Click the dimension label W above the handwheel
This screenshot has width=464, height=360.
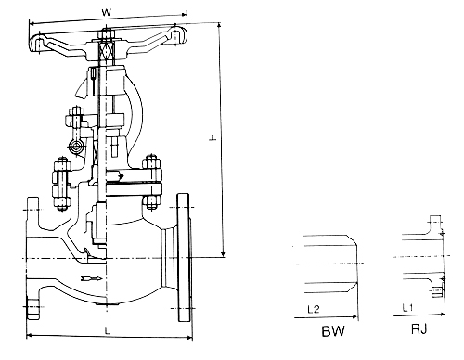106,13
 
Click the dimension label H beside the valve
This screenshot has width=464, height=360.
213,137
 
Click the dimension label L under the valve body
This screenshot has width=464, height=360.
107,330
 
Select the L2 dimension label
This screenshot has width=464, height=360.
314,309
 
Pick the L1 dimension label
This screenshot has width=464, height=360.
407,307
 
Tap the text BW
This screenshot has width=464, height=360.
333,331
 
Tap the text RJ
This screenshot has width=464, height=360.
419,329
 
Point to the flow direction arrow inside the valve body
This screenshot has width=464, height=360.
92,279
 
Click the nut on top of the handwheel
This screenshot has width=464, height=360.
107,32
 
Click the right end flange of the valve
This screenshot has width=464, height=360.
183,258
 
